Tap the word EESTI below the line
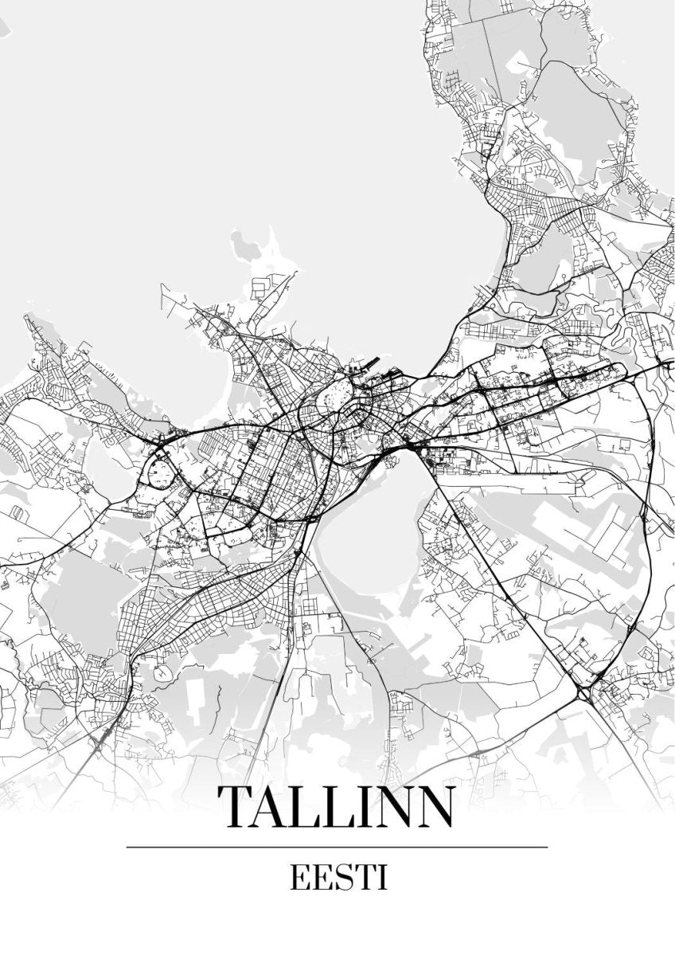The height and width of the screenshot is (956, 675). [338, 879]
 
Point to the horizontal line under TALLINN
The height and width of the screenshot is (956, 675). [337, 847]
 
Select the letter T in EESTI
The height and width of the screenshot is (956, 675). [365, 879]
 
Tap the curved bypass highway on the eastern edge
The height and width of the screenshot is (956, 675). [651, 510]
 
